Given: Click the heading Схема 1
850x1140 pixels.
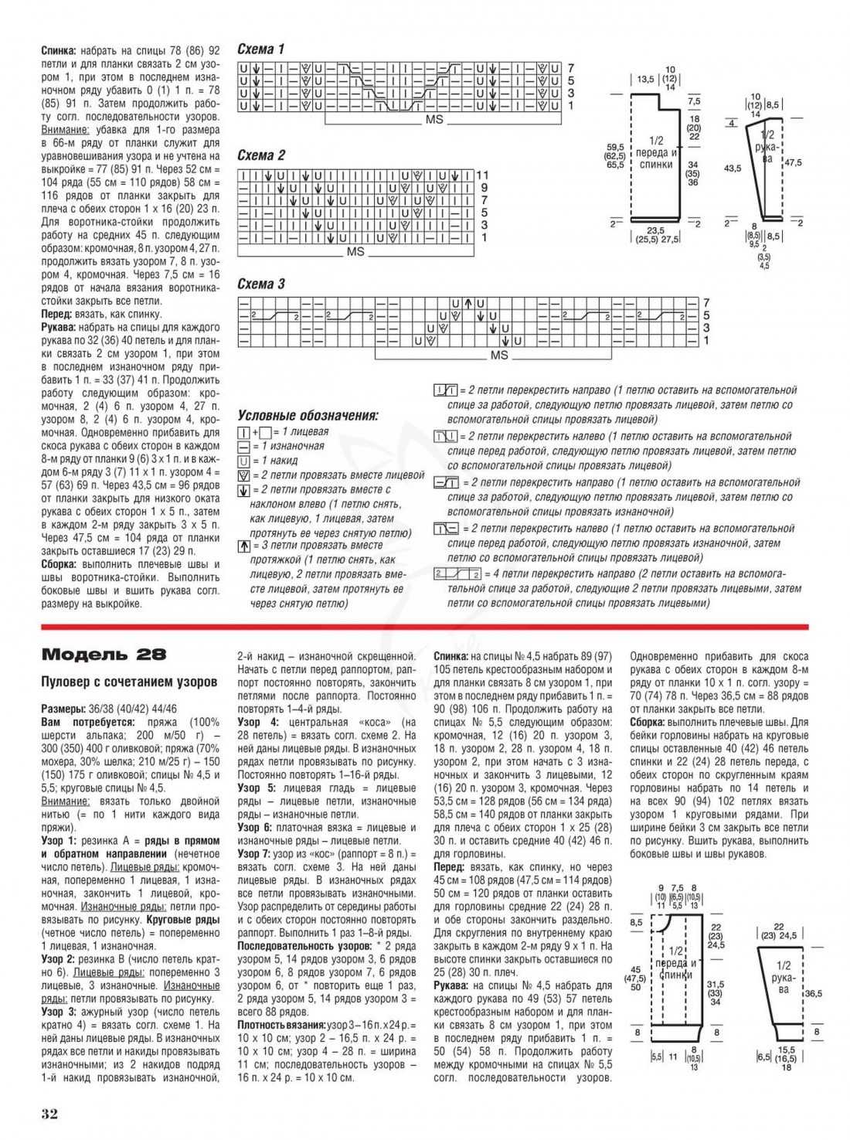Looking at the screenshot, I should (261, 49).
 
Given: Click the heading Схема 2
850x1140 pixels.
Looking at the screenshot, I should (261, 155).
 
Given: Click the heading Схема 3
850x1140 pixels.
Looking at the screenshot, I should (261, 284).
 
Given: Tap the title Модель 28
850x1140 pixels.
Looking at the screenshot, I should (104, 655).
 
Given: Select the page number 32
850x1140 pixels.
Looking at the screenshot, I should (50, 1113).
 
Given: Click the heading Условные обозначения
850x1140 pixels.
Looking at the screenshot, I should (308, 416).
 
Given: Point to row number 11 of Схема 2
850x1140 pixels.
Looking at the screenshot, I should (483, 175).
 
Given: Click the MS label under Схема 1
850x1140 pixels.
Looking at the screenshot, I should (434, 121).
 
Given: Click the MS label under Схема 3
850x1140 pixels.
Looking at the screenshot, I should (499, 355).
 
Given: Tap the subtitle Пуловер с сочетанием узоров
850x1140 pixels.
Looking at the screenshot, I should (129, 682).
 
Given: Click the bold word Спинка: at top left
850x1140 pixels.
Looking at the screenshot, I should (59, 49).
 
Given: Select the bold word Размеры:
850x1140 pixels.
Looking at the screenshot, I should (63, 709).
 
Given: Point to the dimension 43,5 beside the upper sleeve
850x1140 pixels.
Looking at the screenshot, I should (732, 168).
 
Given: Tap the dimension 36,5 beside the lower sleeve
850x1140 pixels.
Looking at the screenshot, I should (813, 993).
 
